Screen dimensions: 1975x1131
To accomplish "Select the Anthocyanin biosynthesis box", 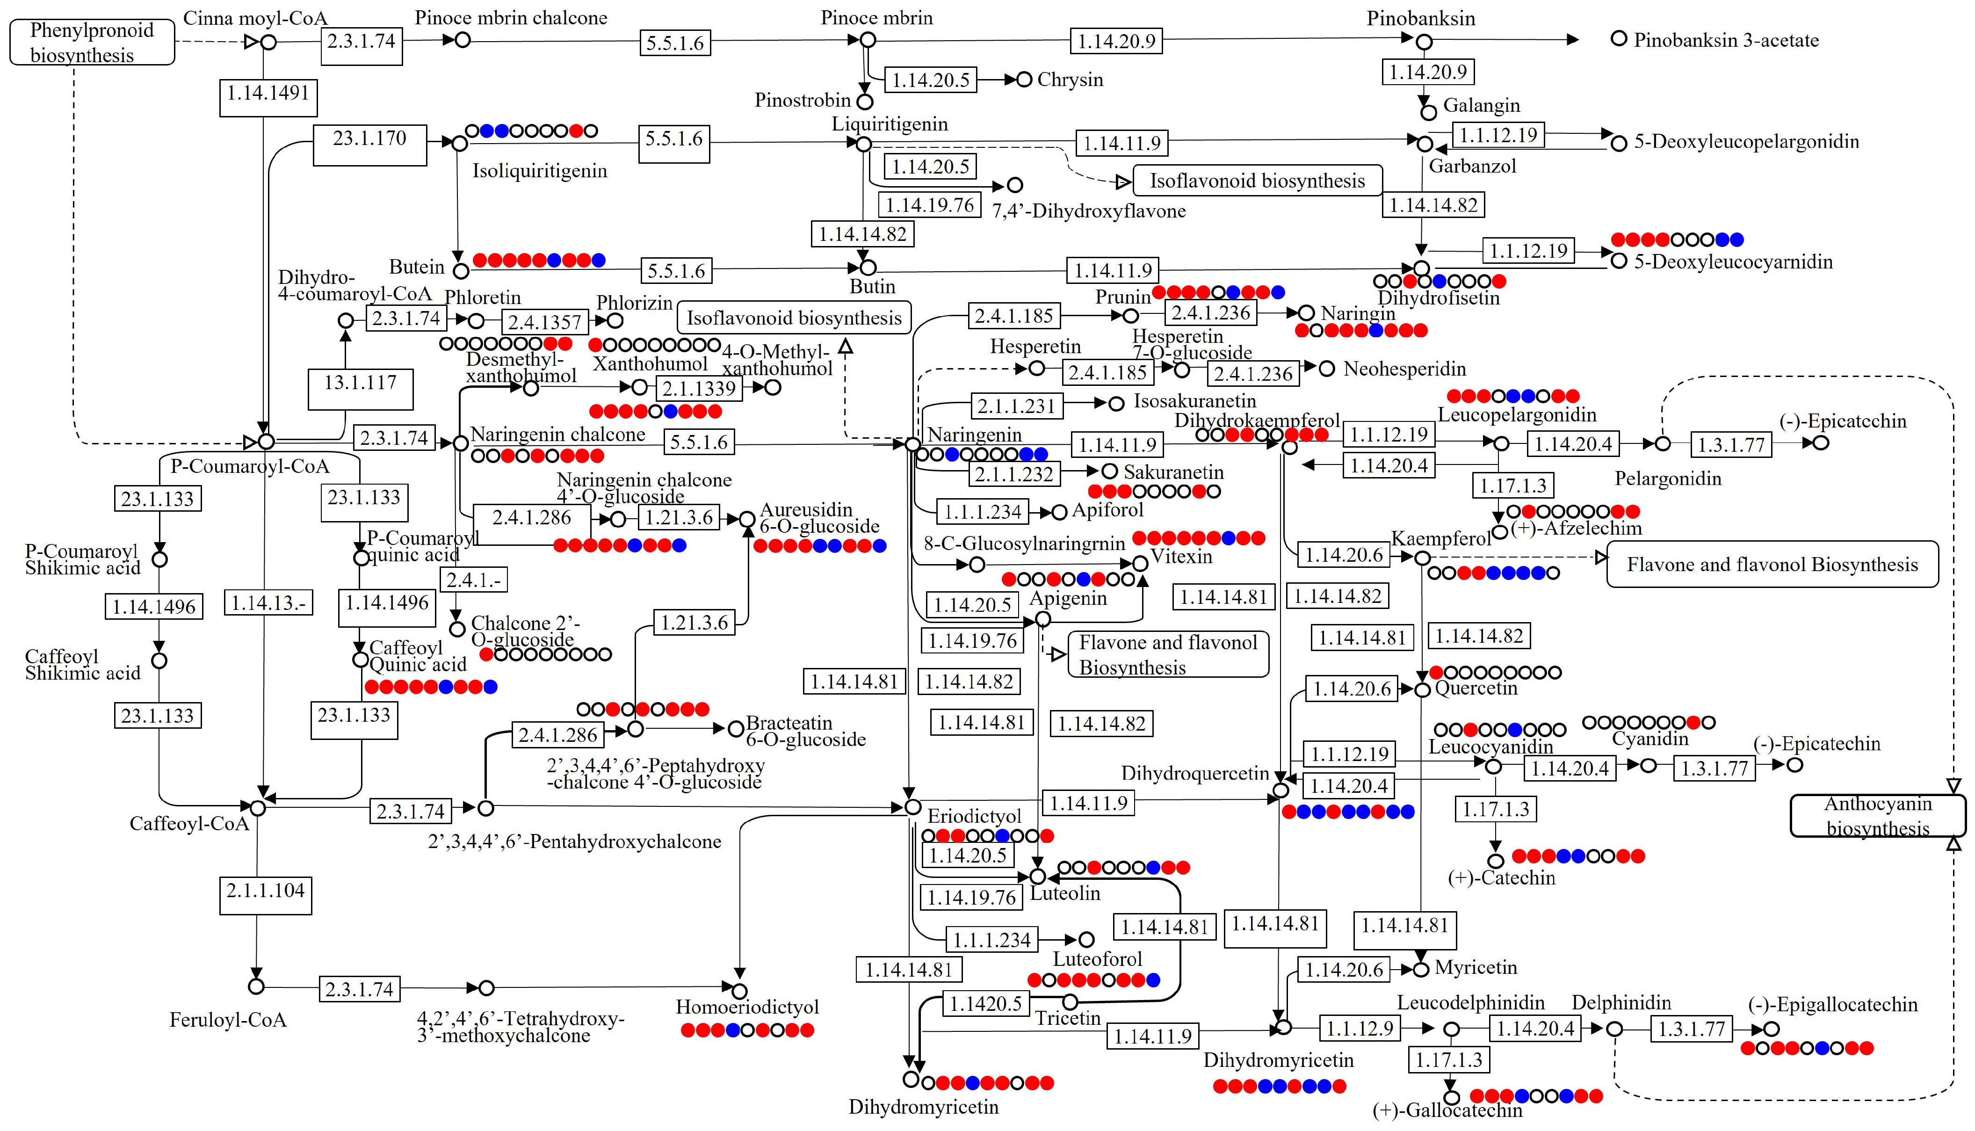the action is (x=1878, y=816).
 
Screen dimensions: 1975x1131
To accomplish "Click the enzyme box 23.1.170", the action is (x=369, y=145).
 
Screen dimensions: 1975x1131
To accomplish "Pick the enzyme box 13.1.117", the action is (x=361, y=389).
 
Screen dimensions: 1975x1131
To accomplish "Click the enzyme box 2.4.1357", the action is (x=545, y=322).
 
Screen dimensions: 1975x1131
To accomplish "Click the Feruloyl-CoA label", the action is (x=228, y=1020).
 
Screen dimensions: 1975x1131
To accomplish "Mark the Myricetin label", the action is (x=1476, y=967).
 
